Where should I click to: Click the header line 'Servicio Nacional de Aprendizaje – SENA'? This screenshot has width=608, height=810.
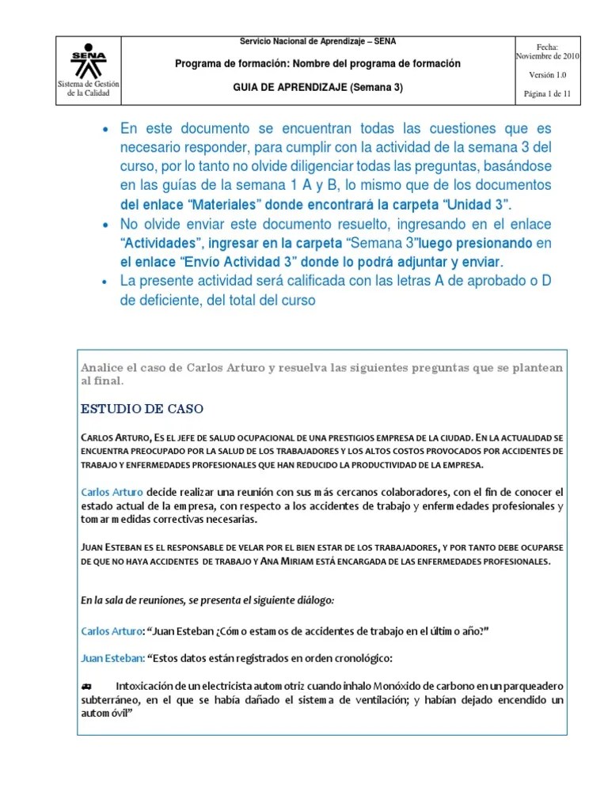click(318, 41)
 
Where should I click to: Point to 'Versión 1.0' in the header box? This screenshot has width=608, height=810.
click(548, 75)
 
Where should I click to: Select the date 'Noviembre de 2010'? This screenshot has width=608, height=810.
click(548, 57)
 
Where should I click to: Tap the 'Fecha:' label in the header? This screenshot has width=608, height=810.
click(548, 47)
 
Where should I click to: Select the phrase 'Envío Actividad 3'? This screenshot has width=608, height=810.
click(241, 262)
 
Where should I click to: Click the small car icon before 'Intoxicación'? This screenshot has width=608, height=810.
click(87, 685)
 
